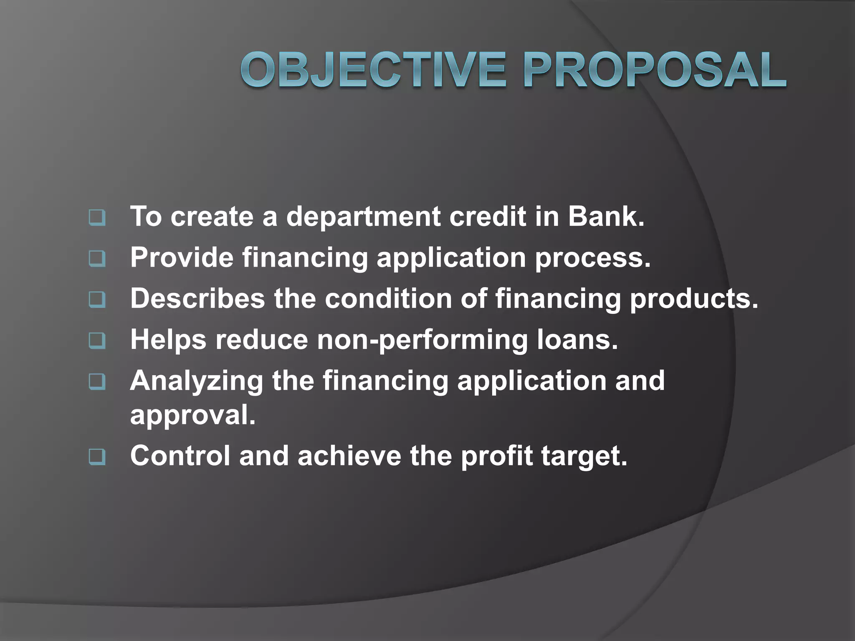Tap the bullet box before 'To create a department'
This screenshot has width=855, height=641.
97,218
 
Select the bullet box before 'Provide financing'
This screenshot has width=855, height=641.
97,259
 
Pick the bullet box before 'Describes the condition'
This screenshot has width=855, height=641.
97,300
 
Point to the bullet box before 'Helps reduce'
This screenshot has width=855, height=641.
97,341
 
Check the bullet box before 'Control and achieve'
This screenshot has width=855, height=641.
97,457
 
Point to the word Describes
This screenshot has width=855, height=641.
197,298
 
